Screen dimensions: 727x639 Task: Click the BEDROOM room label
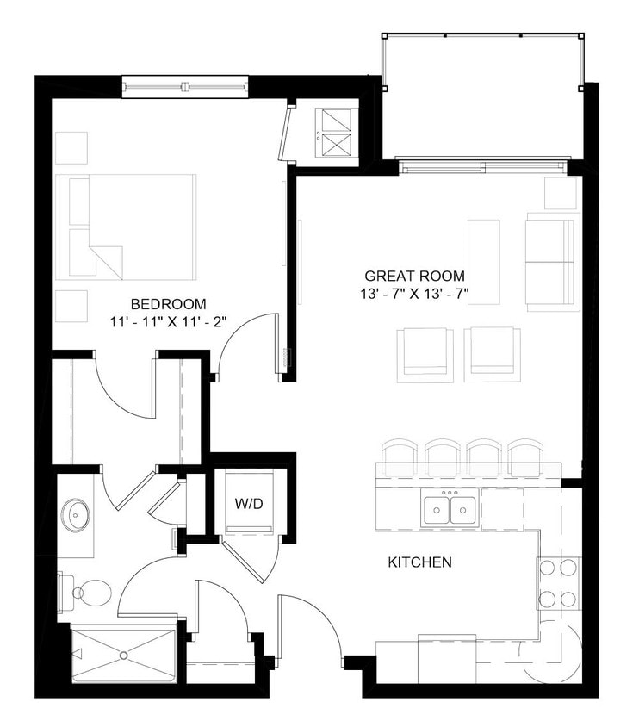168,303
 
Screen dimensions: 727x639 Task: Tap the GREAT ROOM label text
414,276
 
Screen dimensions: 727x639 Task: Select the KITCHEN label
419,562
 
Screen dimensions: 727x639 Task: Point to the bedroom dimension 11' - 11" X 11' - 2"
169,322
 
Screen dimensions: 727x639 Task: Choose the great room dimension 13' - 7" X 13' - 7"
414,295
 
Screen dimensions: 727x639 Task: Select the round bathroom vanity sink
78,517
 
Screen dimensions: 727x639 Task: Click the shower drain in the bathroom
123,656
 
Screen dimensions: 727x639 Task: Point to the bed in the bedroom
126,227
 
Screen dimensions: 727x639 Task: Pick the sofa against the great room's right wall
551,262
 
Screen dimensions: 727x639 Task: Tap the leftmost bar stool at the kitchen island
399,456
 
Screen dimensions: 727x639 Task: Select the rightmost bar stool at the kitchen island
524,456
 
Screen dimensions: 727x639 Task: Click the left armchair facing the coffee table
425,353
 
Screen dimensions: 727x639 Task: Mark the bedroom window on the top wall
184,87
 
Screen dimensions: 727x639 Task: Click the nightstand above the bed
72,147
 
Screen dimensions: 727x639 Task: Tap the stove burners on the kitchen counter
559,583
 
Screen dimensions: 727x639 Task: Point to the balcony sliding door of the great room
482,166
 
